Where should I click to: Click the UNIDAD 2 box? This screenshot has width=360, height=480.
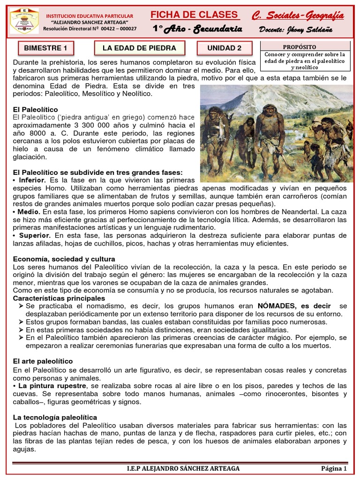(225, 48)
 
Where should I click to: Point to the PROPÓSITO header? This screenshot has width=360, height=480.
(300, 47)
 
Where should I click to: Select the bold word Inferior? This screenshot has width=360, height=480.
(32, 180)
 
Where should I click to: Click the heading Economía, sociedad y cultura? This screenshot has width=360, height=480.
(64, 259)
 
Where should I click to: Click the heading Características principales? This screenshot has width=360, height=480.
(59, 298)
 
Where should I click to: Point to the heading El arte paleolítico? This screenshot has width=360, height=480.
(43, 361)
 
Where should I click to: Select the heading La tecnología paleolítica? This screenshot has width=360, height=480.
(55, 417)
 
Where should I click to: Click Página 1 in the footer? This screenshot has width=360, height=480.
(334, 468)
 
